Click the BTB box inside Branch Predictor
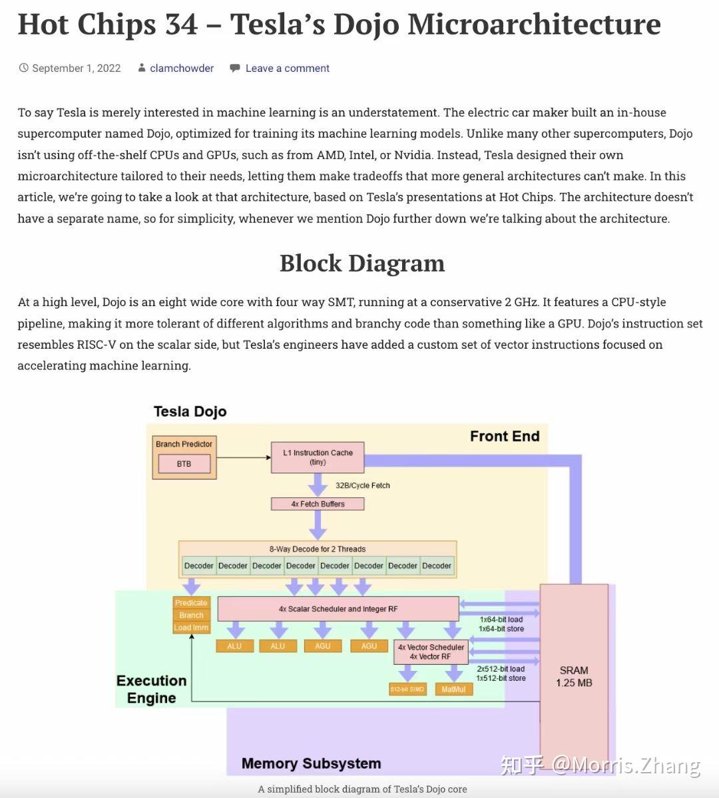pyautogui.click(x=184, y=464)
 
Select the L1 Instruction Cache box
pyautogui.click(x=318, y=457)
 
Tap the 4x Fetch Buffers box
pyautogui.click(x=318, y=504)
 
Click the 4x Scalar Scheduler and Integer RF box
pyautogui.click(x=338, y=609)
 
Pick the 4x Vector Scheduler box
pyautogui.click(x=431, y=652)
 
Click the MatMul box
pyautogui.click(x=454, y=689)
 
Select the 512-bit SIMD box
pyautogui.click(x=407, y=689)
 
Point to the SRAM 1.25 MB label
pyautogui.click(x=574, y=676)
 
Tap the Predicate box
pyautogui.click(x=191, y=602)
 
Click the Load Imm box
pyautogui.click(x=191, y=628)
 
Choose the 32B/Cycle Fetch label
pyautogui.click(x=363, y=485)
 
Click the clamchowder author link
pyautogui.click(x=182, y=68)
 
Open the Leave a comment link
pyautogui.click(x=287, y=68)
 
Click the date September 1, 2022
pyautogui.click(x=77, y=68)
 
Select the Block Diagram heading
pyautogui.click(x=362, y=263)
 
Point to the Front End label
pyautogui.click(x=505, y=436)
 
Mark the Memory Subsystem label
pyautogui.click(x=311, y=763)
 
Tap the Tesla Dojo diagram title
pyautogui.click(x=190, y=411)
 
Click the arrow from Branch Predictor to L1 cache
pyautogui.click(x=244, y=457)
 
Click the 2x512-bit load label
pyautogui.click(x=501, y=669)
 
